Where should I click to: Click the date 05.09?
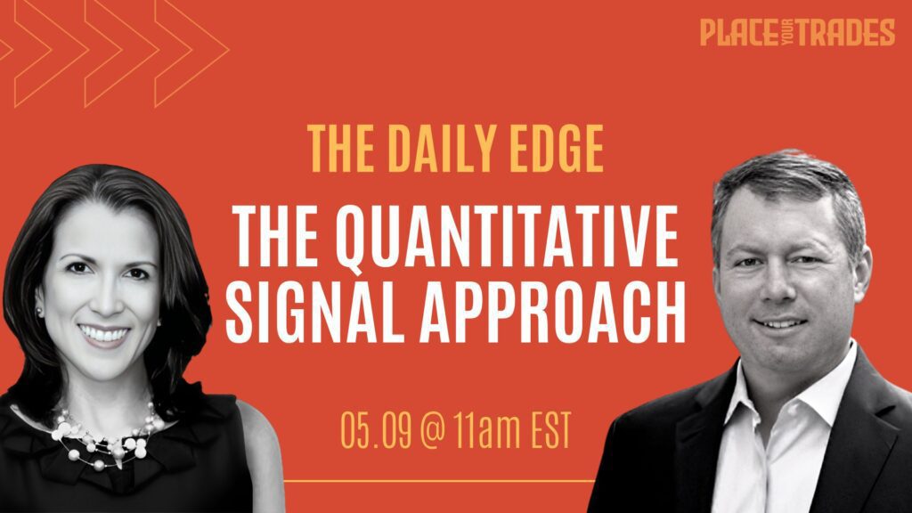(x=376, y=431)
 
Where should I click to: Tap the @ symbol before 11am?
(x=432, y=431)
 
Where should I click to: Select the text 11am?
(x=487, y=431)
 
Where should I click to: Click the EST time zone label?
(x=550, y=431)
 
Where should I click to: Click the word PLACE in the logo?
(x=738, y=33)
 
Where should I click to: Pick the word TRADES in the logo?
(x=845, y=33)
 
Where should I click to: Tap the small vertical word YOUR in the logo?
(x=787, y=33)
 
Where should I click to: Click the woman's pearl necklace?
(x=105, y=439)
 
